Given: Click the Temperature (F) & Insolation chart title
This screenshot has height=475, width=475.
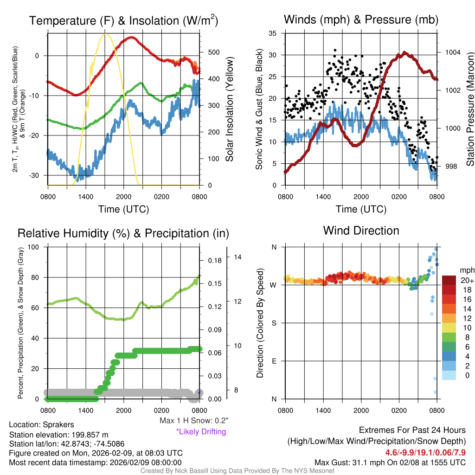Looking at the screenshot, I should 123,20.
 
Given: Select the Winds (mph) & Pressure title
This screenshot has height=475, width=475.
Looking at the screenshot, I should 361,19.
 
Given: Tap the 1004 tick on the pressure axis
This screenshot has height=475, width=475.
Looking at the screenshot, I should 452,52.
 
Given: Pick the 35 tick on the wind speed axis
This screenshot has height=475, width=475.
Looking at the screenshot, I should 273,33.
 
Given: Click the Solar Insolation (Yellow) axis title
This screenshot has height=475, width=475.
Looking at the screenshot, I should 230,109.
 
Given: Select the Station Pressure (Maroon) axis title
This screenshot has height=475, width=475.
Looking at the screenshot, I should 469,109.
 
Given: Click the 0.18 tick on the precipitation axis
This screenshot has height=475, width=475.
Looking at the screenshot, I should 214,261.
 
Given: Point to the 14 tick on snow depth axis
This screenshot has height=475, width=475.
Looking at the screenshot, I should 237,257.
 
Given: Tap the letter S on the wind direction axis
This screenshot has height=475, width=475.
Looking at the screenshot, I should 274,323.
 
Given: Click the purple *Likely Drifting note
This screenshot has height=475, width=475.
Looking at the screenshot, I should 201,431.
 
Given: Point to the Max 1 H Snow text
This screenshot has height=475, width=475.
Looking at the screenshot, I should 193,421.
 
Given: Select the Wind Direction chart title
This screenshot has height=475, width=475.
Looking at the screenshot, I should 361,231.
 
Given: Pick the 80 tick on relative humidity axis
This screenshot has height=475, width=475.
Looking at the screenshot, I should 39,277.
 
